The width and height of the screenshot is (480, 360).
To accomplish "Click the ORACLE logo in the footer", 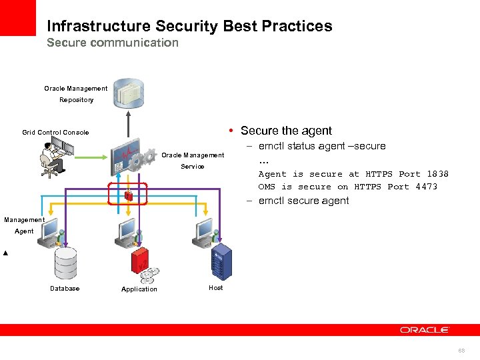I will click(425, 329).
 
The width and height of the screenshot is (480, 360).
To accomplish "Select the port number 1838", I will click(437, 174).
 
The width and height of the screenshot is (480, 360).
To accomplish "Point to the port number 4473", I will click(426, 187).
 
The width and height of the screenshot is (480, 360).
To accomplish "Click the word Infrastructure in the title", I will click(99, 26).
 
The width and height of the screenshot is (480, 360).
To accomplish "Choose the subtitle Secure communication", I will click(113, 43).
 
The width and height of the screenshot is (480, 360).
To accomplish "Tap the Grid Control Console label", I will click(55, 132).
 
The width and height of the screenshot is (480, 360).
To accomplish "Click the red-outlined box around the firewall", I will click(127, 193).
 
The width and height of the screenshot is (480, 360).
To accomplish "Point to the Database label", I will click(65, 289).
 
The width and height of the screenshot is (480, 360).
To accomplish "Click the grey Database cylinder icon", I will click(65, 264).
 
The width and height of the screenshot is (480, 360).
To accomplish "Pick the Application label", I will click(139, 289).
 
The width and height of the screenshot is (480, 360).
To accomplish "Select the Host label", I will click(216, 287).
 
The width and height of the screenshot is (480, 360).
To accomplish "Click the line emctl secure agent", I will click(303, 201).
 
